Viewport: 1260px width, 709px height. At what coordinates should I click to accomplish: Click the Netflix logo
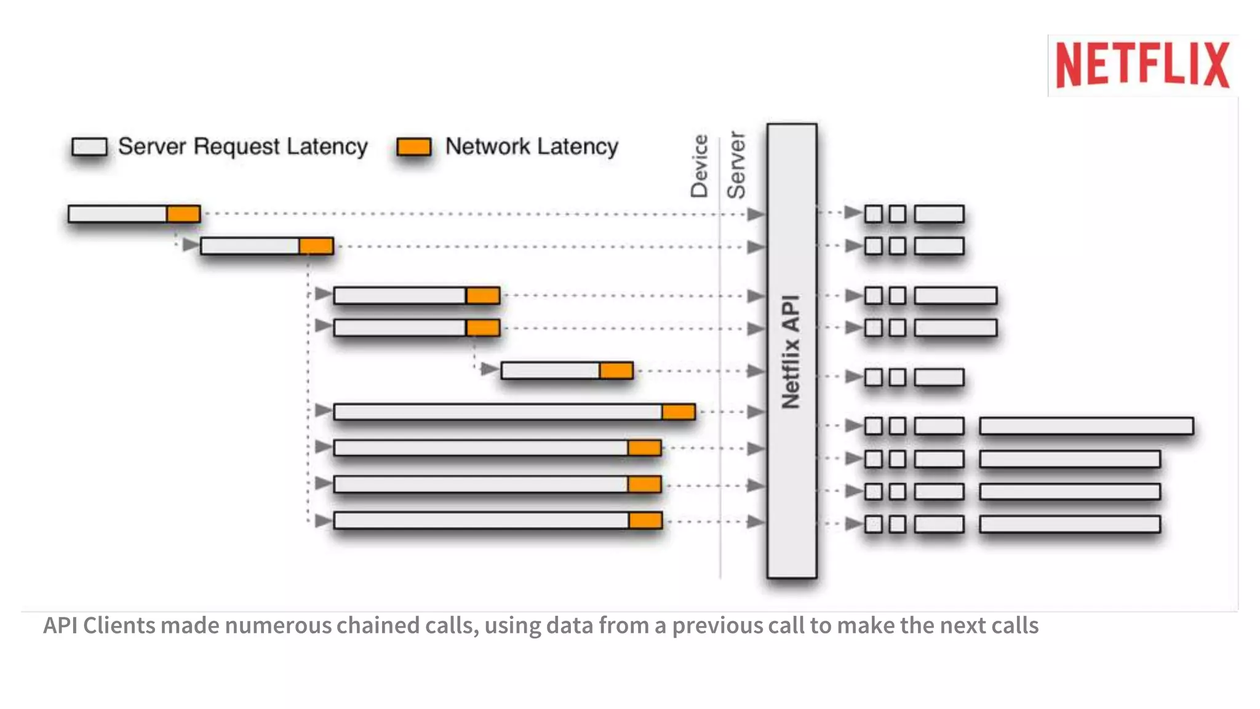[x=1142, y=65]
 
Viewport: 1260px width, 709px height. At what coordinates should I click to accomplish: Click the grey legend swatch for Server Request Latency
[x=89, y=146]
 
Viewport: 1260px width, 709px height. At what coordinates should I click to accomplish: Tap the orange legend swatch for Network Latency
[x=413, y=146]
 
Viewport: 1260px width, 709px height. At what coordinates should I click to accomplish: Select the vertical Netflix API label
[x=791, y=352]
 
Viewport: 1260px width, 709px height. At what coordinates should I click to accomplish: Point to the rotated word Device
[x=700, y=166]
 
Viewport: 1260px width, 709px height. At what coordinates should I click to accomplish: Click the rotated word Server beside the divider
[x=736, y=165]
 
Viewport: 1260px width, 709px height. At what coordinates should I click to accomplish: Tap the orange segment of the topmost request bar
[x=183, y=214]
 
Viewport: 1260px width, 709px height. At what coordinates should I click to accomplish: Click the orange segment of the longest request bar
[x=678, y=412]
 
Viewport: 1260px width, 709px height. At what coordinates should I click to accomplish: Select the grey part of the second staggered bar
[x=250, y=246]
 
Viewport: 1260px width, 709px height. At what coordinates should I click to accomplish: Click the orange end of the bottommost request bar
[x=645, y=521]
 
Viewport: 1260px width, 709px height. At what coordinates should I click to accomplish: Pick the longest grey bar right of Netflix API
[x=1086, y=426]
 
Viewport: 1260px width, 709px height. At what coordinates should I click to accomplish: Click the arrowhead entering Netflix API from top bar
[x=756, y=214]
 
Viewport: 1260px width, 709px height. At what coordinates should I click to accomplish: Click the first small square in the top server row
[x=873, y=214]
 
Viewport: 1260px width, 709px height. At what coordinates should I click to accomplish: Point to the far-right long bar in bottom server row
[x=1069, y=524]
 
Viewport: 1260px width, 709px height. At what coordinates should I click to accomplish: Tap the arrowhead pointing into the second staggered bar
[x=191, y=245]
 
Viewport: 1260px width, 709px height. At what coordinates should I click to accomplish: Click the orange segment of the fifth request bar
[x=616, y=371]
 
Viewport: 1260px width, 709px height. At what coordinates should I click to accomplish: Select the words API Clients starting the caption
[x=99, y=625]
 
